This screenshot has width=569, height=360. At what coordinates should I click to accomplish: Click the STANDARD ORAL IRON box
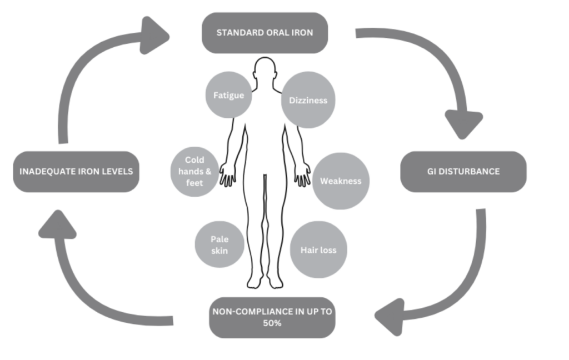coord(264,33)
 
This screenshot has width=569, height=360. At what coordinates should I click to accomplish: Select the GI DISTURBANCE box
coord(463,172)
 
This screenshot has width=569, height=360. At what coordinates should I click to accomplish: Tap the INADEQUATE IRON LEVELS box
coord(76,172)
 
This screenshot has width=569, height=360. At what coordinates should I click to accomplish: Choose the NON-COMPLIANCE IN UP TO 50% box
coord(272,317)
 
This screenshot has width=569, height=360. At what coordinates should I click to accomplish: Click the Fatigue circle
coord(229,96)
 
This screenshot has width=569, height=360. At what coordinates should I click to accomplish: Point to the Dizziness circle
coord(308,101)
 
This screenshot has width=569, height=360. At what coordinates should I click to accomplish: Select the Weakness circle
coord(341,181)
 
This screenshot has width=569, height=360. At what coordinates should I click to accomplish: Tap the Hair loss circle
coord(318,249)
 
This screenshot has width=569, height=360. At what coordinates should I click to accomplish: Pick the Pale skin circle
coord(219,245)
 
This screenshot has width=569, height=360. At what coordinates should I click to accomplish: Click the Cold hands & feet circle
coord(195,172)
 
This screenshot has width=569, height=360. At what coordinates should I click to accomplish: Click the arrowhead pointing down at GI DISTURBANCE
coord(463,124)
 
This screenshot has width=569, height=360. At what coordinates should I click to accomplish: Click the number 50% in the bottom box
coord(272,323)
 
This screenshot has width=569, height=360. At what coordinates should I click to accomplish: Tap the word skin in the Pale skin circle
coord(219,251)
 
